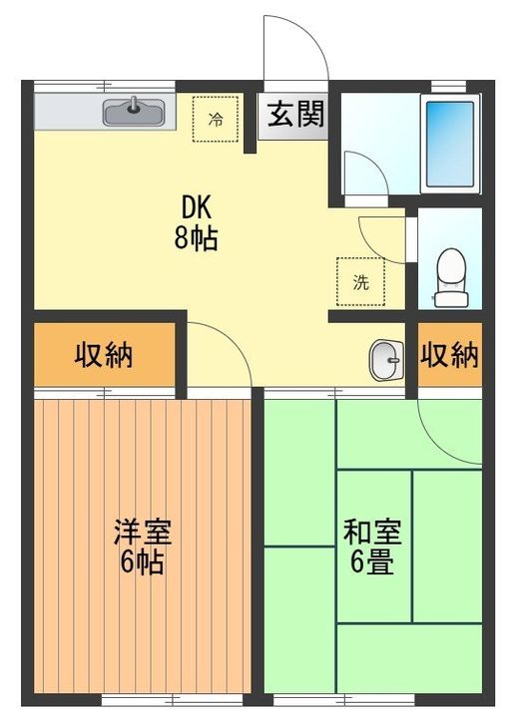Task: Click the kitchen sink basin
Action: [x=134, y=112]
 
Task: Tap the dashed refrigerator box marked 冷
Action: [x=216, y=119]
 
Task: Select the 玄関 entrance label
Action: [x=295, y=114]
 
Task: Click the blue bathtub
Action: [x=450, y=144]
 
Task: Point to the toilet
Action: [x=451, y=277]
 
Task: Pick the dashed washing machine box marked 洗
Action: [x=360, y=281]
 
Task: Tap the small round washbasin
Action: [x=387, y=360]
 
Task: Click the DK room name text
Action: [x=197, y=207]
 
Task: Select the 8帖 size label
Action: [x=196, y=238]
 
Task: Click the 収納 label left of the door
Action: [x=104, y=354]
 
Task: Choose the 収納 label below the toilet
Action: [x=449, y=354]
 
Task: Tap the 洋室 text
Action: [x=143, y=532]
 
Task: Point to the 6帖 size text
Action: [x=142, y=562]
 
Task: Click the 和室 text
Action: [x=372, y=532]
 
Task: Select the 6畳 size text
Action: [x=372, y=562]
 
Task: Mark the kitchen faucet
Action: [x=134, y=105]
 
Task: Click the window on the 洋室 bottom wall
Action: [x=172, y=700]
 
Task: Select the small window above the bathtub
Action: [x=448, y=87]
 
